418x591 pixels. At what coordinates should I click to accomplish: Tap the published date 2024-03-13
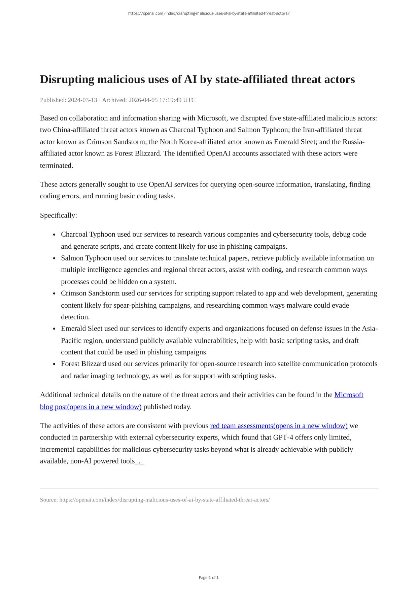pyautogui.click(x=82, y=100)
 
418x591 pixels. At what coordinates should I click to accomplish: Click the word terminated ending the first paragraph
pyautogui.click(x=56, y=166)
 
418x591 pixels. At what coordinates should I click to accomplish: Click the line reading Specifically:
pyautogui.click(x=59, y=215)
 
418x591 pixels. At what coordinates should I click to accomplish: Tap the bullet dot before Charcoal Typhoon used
pyautogui.click(x=55, y=235)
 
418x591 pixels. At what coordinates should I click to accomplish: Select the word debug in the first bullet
pyautogui.click(x=341, y=234)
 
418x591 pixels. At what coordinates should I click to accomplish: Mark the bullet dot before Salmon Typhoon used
pyautogui.click(x=55, y=258)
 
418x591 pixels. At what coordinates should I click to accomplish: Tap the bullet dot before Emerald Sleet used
pyautogui.click(x=55, y=329)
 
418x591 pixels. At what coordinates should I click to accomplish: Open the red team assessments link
pyautogui.click(x=279, y=426)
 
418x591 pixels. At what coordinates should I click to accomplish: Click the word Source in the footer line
pyautogui.click(x=49, y=500)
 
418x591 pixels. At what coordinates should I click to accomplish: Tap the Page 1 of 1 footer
pyautogui.click(x=209, y=578)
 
